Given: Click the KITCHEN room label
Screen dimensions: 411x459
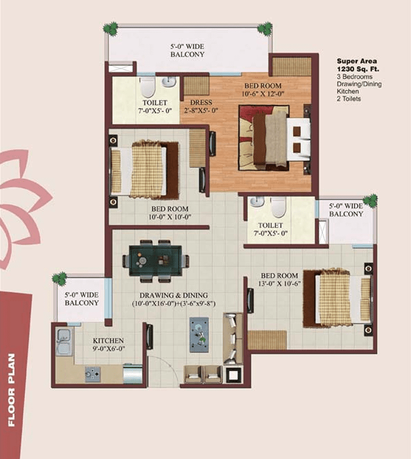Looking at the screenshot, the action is point(108,340).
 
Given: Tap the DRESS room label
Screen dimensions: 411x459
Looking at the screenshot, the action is point(201,102).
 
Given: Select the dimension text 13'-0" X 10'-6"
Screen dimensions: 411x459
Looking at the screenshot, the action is point(279,283).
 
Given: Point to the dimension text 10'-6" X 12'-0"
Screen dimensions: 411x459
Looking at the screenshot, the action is point(263,94).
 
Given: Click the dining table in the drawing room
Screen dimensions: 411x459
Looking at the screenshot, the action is point(155,261).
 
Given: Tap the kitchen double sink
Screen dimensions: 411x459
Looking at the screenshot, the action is point(64,342).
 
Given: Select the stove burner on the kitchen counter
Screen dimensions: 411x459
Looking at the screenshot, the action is point(92,375).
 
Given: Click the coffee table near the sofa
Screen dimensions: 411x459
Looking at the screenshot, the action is point(199,335).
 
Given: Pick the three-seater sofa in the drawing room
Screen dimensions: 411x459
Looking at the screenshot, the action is point(233,338).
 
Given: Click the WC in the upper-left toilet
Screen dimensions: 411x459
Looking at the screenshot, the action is point(147,87).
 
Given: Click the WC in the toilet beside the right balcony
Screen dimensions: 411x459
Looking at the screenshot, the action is point(278,207).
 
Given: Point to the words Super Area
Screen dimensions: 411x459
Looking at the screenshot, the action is point(357,61).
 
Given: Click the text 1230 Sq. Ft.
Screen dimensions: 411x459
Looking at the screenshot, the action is point(358,69).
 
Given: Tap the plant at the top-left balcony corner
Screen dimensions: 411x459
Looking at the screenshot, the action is point(111,29).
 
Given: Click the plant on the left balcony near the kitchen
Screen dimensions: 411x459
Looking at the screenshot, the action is point(59,280).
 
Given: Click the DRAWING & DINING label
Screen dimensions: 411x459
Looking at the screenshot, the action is point(174,295).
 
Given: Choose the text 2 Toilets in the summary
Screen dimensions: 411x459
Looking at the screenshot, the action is point(349,98).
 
